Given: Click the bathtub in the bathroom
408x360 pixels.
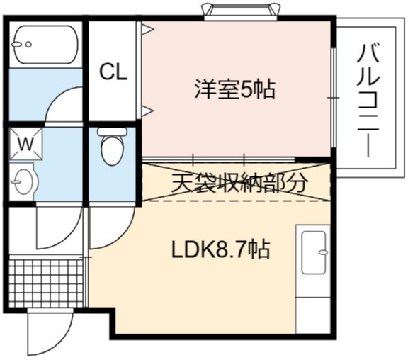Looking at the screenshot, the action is [x=45, y=45].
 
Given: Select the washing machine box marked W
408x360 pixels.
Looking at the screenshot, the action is [x=25, y=143].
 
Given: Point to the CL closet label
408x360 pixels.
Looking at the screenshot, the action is [x=114, y=72].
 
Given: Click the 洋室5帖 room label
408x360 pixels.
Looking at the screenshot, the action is [x=235, y=89].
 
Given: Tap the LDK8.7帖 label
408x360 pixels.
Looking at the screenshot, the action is [x=220, y=249].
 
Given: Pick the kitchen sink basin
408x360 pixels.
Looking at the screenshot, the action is [x=314, y=252].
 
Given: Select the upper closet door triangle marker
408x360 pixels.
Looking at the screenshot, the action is [x=147, y=29].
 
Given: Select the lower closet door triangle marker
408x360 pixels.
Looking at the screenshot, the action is [x=147, y=111].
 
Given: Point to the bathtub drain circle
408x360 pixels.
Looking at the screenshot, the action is [x=28, y=45].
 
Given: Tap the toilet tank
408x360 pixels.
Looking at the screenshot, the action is [x=112, y=131].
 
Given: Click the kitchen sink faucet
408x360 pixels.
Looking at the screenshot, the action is [x=323, y=252].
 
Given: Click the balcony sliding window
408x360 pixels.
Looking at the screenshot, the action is [x=334, y=98].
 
